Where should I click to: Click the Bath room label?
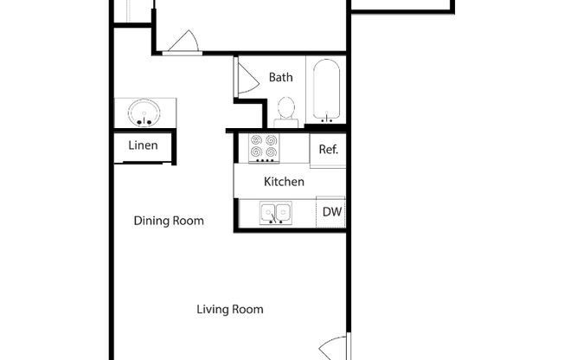280,77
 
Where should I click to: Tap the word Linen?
143,145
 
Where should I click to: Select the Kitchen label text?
284,182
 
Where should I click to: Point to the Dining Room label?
169,221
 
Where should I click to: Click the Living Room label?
229,309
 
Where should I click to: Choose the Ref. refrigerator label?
328,149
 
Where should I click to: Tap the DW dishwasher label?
330,211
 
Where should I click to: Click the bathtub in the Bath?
326,90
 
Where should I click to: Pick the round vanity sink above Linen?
144,112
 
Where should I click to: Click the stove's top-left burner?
257,140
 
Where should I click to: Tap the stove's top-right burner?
271,140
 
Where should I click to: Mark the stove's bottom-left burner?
257,153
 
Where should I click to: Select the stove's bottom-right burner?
271,153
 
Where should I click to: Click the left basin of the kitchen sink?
270,211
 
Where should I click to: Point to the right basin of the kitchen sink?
283,211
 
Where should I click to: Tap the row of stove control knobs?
264,161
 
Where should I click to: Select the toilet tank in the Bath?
285,124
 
